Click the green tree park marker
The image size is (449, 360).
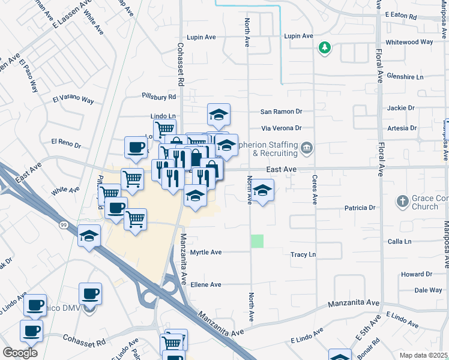[x=325, y=48]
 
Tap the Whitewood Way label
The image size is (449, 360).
[x=410, y=42]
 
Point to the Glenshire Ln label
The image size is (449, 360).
[x=405, y=77]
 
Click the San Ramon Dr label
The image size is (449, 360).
[x=281, y=112]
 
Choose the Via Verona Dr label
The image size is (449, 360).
[x=281, y=128]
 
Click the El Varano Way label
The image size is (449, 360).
[x=73, y=99]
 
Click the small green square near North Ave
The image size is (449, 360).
[x=257, y=241]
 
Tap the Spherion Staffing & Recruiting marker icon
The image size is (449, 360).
[x=307, y=148]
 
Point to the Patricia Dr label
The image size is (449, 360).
[x=360, y=208]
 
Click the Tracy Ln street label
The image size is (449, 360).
[x=303, y=255]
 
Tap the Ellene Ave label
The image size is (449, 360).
[x=206, y=284]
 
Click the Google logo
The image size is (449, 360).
[x=20, y=353]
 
